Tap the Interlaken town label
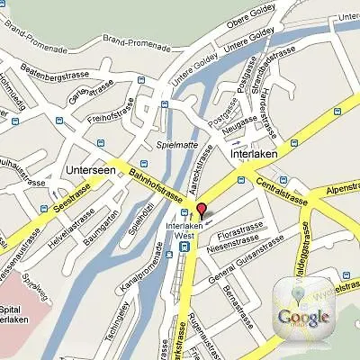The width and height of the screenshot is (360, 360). click(257, 155)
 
